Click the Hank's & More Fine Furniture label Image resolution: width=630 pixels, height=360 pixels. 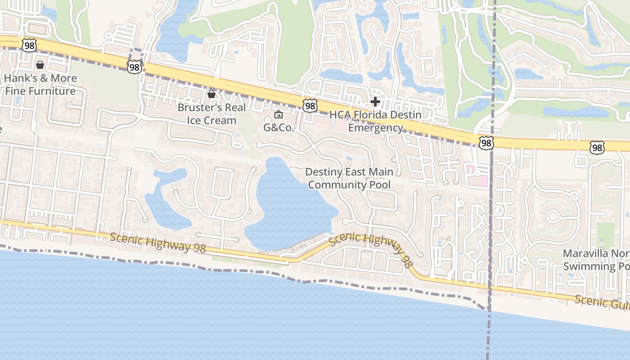[40, 85]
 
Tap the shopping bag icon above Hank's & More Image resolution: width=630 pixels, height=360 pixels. [40, 65]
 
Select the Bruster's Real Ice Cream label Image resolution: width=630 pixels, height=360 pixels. [211, 114]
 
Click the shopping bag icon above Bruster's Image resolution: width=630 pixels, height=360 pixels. [211, 94]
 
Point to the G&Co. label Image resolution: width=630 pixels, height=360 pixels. [279, 127]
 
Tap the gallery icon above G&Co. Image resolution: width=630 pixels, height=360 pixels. [279, 115]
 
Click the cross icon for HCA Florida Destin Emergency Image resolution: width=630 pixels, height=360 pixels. [375, 102]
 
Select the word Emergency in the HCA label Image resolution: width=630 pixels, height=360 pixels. [376, 128]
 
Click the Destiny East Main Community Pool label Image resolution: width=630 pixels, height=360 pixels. [349, 178]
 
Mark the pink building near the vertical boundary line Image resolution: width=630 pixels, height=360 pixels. [477, 175]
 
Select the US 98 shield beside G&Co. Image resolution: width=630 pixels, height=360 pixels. [310, 106]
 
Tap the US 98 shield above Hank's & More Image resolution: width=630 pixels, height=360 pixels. [29, 45]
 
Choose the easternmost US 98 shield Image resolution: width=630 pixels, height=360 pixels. [597, 147]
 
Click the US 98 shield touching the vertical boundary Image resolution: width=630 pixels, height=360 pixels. [486, 143]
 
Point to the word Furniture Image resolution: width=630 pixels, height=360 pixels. [52, 91]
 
